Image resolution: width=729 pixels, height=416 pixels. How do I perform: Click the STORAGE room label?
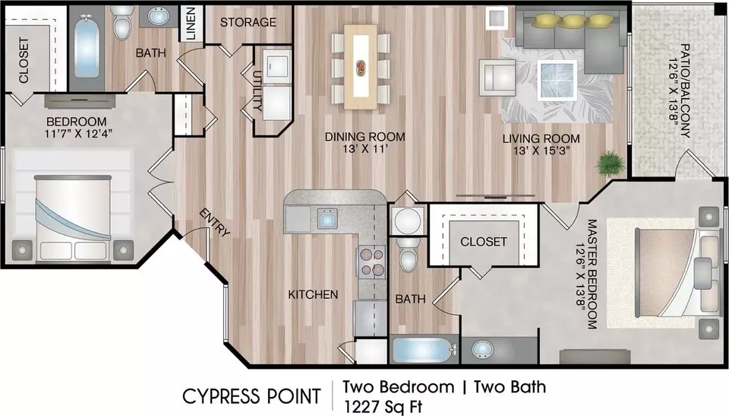coord(248,22)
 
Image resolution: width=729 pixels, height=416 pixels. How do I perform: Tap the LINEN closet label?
coord(191,24)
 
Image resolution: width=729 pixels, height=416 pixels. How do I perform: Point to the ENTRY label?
coord(214,222)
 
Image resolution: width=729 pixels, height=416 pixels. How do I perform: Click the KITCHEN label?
coord(313,294)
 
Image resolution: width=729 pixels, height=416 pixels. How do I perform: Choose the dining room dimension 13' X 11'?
coord(364,149)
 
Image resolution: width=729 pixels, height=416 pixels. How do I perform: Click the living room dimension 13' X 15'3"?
coord(541,151)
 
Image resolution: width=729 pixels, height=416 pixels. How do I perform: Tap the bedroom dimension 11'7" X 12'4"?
coord(76,134)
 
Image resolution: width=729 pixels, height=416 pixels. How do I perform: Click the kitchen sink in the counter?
coord(327,218)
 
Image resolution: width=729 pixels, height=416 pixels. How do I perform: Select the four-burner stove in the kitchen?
coord(371,262)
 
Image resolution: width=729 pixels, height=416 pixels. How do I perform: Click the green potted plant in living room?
coord(610,162)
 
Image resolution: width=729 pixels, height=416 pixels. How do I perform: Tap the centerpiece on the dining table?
coord(361,67)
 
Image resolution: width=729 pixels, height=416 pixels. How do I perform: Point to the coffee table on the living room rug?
coord(557,80)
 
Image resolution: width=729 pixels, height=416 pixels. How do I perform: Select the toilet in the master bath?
coord(409,255)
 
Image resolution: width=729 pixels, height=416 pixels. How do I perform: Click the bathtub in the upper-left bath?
coord(87,46)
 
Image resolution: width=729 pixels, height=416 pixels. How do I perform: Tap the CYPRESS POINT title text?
coord(251,396)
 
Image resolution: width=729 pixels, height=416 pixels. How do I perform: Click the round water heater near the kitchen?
coord(407,220)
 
